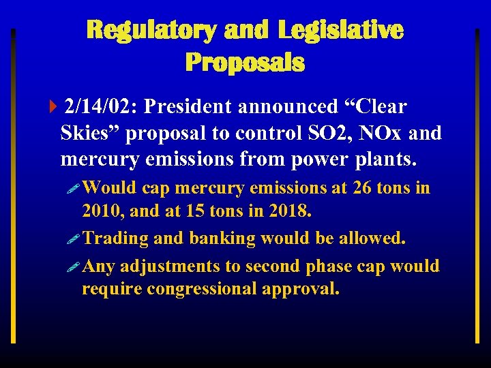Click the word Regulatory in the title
click(x=151, y=30)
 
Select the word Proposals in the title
click(x=245, y=63)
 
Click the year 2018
click(x=286, y=211)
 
